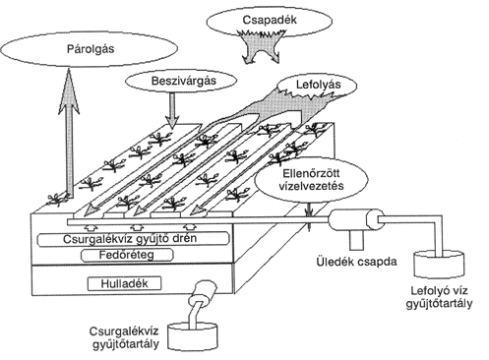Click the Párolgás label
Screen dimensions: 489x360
tap(91, 49)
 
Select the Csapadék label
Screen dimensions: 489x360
tap(270, 20)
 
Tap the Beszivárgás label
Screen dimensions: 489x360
tap(184, 81)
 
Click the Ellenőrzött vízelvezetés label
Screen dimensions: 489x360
tap(311, 180)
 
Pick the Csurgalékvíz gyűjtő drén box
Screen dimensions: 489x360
tap(133, 239)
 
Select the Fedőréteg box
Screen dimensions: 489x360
tap(127, 255)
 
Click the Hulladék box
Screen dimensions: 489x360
tap(124, 283)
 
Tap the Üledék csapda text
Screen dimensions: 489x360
tap(356, 262)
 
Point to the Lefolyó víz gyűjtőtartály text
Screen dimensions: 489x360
tap(439, 297)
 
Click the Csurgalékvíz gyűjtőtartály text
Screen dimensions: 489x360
tap(124, 337)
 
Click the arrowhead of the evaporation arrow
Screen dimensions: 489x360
tap(69, 90)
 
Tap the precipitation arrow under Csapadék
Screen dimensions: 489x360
tap(261, 46)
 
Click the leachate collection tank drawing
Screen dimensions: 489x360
tap(193, 336)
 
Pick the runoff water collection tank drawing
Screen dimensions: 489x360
tap(439, 265)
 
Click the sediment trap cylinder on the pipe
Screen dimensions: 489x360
tap(356, 220)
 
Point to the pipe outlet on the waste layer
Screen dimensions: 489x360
tap(204, 291)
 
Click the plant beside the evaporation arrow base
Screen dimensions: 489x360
tap(58, 199)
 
